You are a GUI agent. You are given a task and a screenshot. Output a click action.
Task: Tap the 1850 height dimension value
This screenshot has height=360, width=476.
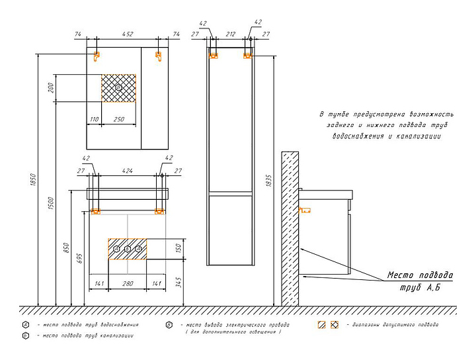click(33, 179)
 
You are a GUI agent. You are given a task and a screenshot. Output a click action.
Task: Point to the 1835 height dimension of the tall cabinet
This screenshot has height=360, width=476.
click(266, 179)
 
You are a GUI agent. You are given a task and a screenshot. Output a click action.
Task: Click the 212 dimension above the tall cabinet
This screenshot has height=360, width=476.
click(230, 34)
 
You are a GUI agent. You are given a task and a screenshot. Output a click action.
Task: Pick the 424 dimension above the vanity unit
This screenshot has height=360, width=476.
click(128, 171)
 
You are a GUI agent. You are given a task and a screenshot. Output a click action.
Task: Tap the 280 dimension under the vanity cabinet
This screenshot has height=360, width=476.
click(128, 283)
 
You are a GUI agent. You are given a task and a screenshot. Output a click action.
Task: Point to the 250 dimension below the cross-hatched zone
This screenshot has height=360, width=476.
click(119, 119)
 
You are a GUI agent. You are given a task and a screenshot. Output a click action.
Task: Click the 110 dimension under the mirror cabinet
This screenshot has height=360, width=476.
click(95, 119)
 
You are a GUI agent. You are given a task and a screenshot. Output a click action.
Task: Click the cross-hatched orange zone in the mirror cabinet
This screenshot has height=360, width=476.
click(118, 88)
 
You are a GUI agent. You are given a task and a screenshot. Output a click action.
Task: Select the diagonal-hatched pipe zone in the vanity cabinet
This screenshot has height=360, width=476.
click(128, 249)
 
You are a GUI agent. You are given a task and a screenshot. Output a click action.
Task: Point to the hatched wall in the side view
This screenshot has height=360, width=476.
click(289, 228)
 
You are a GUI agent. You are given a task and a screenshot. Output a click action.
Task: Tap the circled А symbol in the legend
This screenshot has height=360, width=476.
click(24, 325)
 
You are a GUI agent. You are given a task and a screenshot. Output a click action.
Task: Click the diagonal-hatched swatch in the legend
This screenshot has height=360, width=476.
click(322, 325)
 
